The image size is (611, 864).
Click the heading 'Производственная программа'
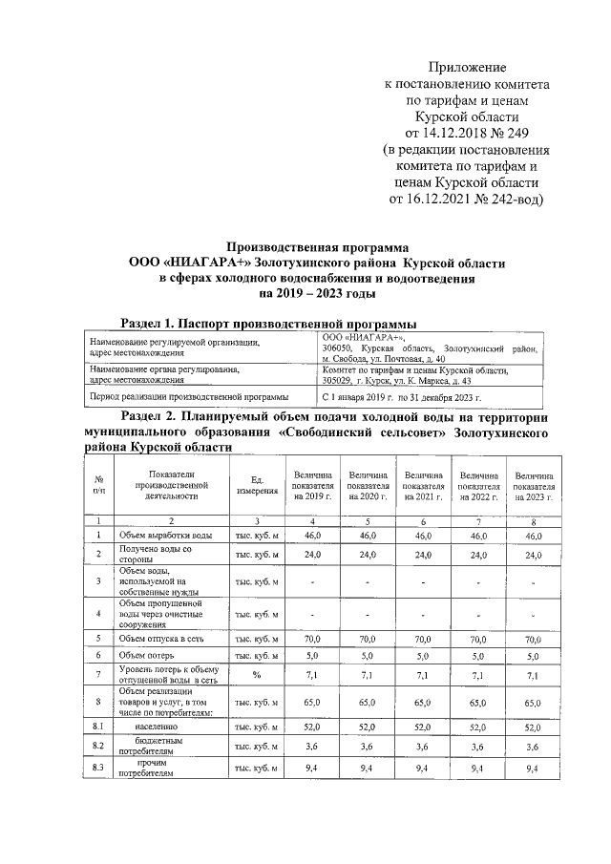[316, 245]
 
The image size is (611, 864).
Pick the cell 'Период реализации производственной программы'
[178, 396]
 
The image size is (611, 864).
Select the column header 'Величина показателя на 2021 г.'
[424, 486]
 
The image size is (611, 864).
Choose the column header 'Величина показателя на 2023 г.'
[534, 486]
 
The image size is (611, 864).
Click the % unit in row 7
[256, 675]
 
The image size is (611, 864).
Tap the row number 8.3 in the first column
[98, 769]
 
